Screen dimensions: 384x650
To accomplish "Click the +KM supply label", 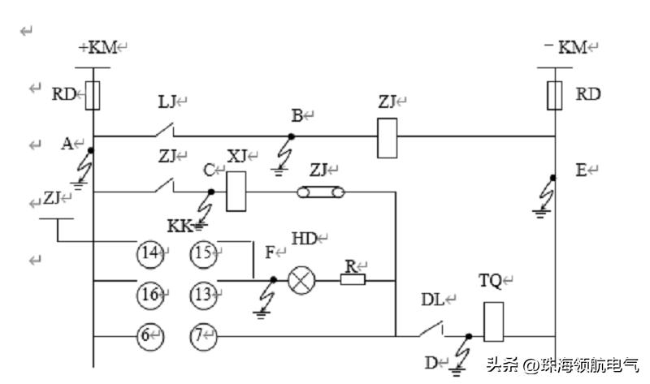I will (97, 48).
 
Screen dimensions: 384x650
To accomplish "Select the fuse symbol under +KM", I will (93, 95).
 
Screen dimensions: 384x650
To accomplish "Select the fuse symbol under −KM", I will (555, 94).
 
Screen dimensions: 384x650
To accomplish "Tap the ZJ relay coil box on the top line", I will (388, 137).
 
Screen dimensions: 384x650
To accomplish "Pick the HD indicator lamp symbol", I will (301, 281).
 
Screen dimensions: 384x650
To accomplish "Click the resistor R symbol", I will (353, 281).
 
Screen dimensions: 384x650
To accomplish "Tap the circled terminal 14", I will (149, 253).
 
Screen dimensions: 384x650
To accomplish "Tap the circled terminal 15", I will (203, 253).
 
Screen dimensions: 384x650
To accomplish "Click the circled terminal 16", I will (149, 294).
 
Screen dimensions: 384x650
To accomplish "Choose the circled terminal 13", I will (203, 294).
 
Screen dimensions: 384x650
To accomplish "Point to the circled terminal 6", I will (149, 334).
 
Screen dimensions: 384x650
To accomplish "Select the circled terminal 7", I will (203, 334).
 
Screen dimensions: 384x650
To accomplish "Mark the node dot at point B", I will (293, 136).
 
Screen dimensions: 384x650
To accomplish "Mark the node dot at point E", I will (554, 178).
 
